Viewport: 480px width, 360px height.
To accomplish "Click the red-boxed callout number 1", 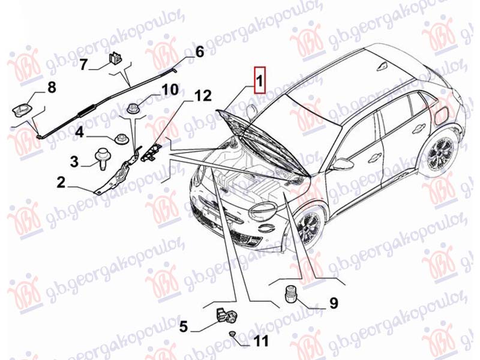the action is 259,80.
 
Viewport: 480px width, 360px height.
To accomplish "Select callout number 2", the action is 61,182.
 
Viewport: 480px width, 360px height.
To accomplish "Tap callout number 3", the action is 74,161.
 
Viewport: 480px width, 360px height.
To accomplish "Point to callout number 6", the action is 199,52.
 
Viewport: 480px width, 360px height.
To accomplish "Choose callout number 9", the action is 334,302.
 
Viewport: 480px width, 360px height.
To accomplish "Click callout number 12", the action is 202,96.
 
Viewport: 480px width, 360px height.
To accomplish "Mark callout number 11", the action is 261,341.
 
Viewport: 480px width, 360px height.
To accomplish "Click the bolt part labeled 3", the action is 101,158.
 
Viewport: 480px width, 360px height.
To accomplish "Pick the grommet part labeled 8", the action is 23,110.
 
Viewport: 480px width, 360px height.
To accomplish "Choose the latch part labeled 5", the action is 227,316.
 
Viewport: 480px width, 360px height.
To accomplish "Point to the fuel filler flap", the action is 440,114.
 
